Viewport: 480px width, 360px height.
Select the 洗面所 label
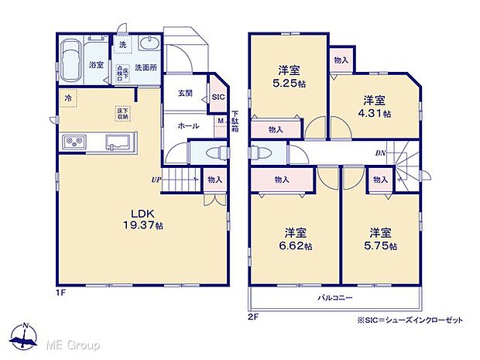(x=146, y=67)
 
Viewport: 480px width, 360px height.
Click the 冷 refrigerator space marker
(x=67, y=98)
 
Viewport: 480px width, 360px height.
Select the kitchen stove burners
(x=75, y=141)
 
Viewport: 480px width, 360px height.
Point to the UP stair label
(x=156, y=180)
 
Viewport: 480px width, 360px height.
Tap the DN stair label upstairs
(x=380, y=153)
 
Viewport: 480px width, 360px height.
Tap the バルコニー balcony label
(x=334, y=297)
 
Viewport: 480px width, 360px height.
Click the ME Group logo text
(x=74, y=343)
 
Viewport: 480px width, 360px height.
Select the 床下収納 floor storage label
(x=122, y=113)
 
